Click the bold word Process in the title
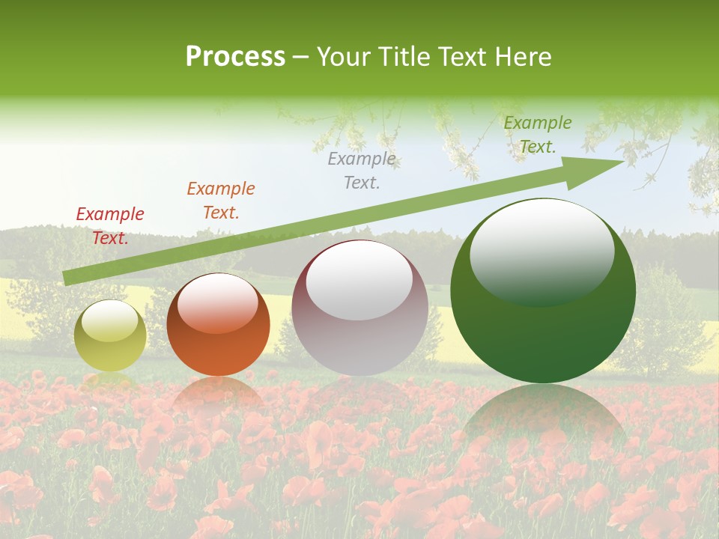point(235,57)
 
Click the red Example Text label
point(110,226)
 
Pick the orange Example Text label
point(221,201)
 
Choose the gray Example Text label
point(362,171)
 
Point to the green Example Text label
point(538,135)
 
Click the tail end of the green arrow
point(67,278)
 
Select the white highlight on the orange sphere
point(218,302)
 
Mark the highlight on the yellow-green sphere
point(109,320)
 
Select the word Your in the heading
point(342,57)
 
